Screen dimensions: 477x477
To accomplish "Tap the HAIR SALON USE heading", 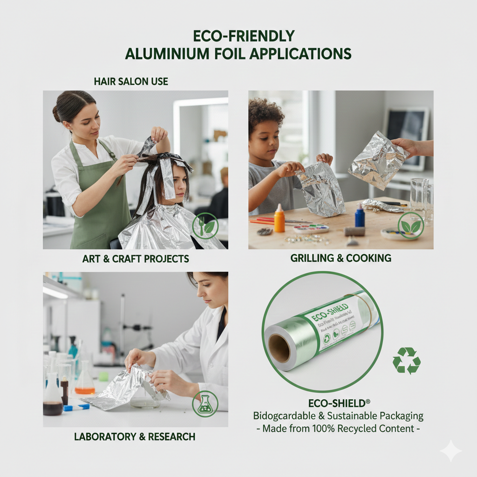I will (x=131, y=82).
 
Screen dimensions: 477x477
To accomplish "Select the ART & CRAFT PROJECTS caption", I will (x=136, y=259).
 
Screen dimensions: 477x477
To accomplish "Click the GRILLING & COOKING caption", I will (x=341, y=258).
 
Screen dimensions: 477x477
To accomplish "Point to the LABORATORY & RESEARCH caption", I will (x=135, y=436).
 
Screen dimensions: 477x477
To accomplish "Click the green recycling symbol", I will (x=406, y=360).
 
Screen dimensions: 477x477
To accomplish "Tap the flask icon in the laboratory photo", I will (x=205, y=403).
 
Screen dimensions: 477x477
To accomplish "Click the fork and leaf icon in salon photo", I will (x=205, y=225).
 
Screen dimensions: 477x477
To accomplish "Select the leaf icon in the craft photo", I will (x=410, y=225).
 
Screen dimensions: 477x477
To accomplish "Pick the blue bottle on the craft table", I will (x=360, y=216).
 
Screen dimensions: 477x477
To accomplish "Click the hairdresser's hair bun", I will (x=57, y=114).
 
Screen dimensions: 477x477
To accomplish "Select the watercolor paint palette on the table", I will (x=311, y=229).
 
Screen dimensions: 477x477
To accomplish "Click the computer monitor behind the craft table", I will (x=406, y=135).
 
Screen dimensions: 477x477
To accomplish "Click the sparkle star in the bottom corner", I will (x=450, y=451).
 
